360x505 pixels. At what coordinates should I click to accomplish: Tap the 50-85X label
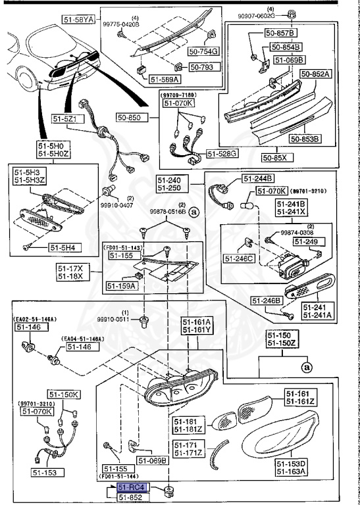point(276,158)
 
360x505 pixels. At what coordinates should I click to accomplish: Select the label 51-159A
point(120,286)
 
